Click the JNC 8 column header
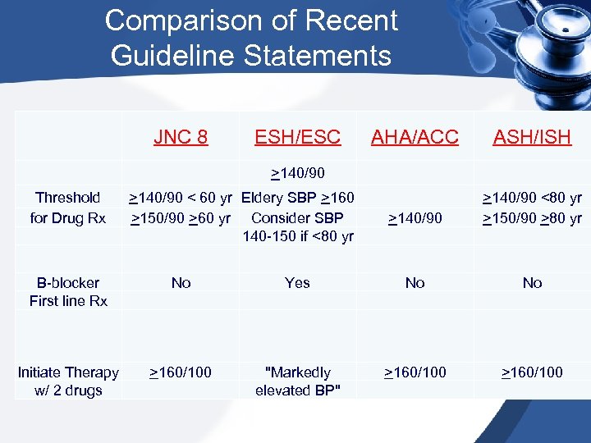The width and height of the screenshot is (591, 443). (x=181, y=136)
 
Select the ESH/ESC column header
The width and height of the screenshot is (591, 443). (x=297, y=136)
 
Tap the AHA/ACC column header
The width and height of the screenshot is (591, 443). (x=415, y=136)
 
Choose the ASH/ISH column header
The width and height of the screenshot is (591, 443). (x=532, y=136)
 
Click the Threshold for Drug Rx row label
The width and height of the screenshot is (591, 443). (x=68, y=208)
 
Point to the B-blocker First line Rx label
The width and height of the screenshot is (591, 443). (x=68, y=291)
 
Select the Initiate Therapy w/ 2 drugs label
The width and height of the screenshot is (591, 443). (x=68, y=381)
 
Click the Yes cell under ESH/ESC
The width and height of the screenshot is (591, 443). (x=297, y=282)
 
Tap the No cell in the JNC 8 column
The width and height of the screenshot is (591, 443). (x=181, y=282)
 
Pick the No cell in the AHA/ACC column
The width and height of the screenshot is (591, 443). (x=415, y=282)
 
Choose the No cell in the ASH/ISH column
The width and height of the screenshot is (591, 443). (x=532, y=282)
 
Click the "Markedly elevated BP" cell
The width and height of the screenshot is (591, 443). (x=297, y=381)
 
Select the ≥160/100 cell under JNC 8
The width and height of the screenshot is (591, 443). (x=181, y=372)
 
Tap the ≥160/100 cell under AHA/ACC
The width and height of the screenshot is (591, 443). (x=415, y=372)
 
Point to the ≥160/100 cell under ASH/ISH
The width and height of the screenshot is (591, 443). (x=532, y=372)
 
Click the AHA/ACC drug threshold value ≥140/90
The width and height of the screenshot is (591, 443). (x=415, y=218)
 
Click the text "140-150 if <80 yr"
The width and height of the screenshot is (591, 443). (x=297, y=237)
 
